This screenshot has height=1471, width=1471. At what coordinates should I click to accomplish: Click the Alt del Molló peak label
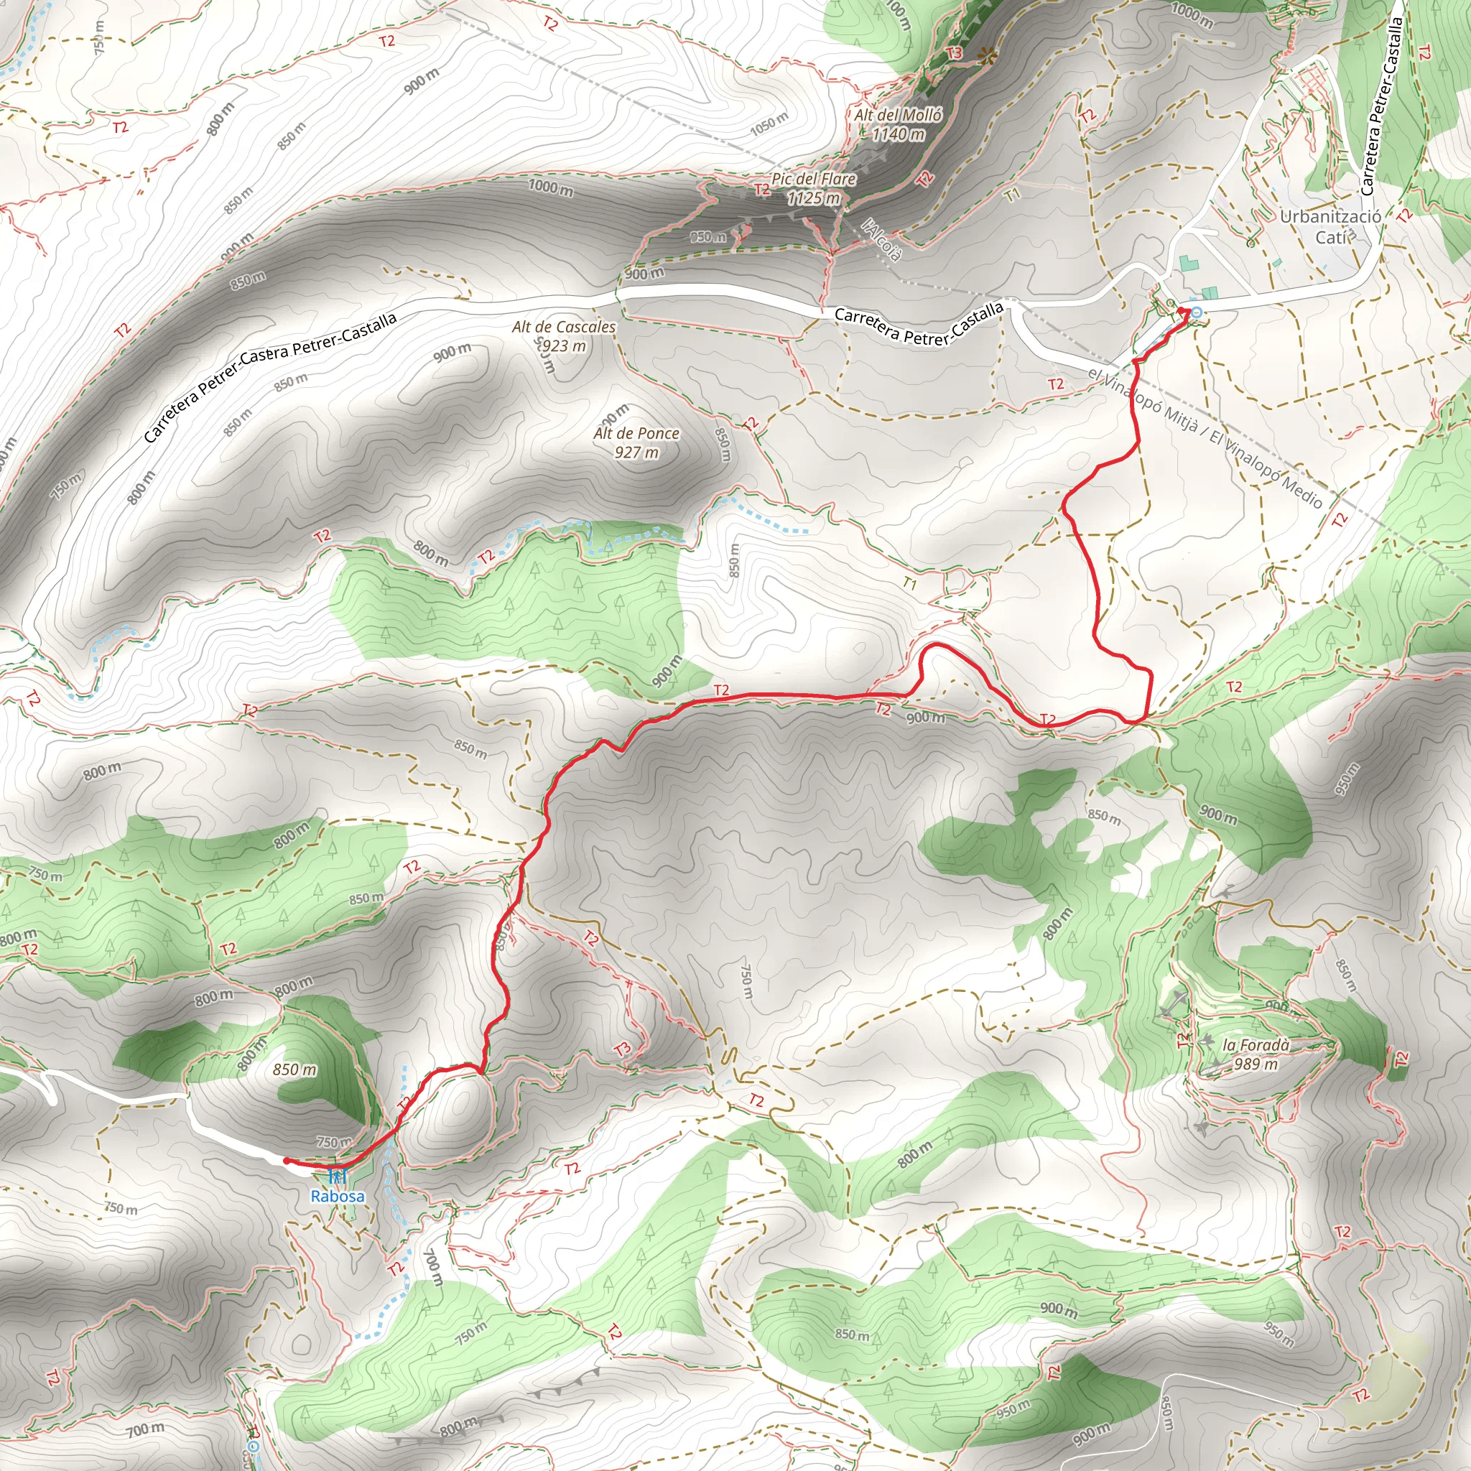(898, 115)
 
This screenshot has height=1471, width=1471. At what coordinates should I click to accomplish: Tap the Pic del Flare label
(813, 179)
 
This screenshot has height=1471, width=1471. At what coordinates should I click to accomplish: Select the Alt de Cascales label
(563, 327)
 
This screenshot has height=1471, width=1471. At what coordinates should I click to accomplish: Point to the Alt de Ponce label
(636, 433)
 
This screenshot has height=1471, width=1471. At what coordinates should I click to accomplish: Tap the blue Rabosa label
(338, 1196)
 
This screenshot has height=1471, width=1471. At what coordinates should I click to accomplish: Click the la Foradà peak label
(1256, 1045)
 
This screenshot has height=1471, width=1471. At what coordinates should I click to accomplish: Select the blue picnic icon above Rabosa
(338, 1177)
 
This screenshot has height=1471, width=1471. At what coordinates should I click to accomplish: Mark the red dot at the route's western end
(286, 1161)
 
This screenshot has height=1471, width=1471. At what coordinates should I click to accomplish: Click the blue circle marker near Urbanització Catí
(1196, 312)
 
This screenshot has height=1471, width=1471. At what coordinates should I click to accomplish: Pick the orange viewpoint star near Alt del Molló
(988, 54)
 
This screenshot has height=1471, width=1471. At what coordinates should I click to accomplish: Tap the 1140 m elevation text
(899, 135)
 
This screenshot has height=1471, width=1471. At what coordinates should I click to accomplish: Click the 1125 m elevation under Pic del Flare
(814, 199)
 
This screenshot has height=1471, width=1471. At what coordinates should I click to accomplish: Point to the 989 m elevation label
(1256, 1064)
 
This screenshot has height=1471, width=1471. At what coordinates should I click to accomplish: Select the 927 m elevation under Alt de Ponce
(636, 453)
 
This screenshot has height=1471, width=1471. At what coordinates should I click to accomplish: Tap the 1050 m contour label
(769, 124)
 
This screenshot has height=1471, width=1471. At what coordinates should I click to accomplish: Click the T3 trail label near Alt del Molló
(954, 53)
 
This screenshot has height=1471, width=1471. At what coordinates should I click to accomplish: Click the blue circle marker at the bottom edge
(254, 1445)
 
